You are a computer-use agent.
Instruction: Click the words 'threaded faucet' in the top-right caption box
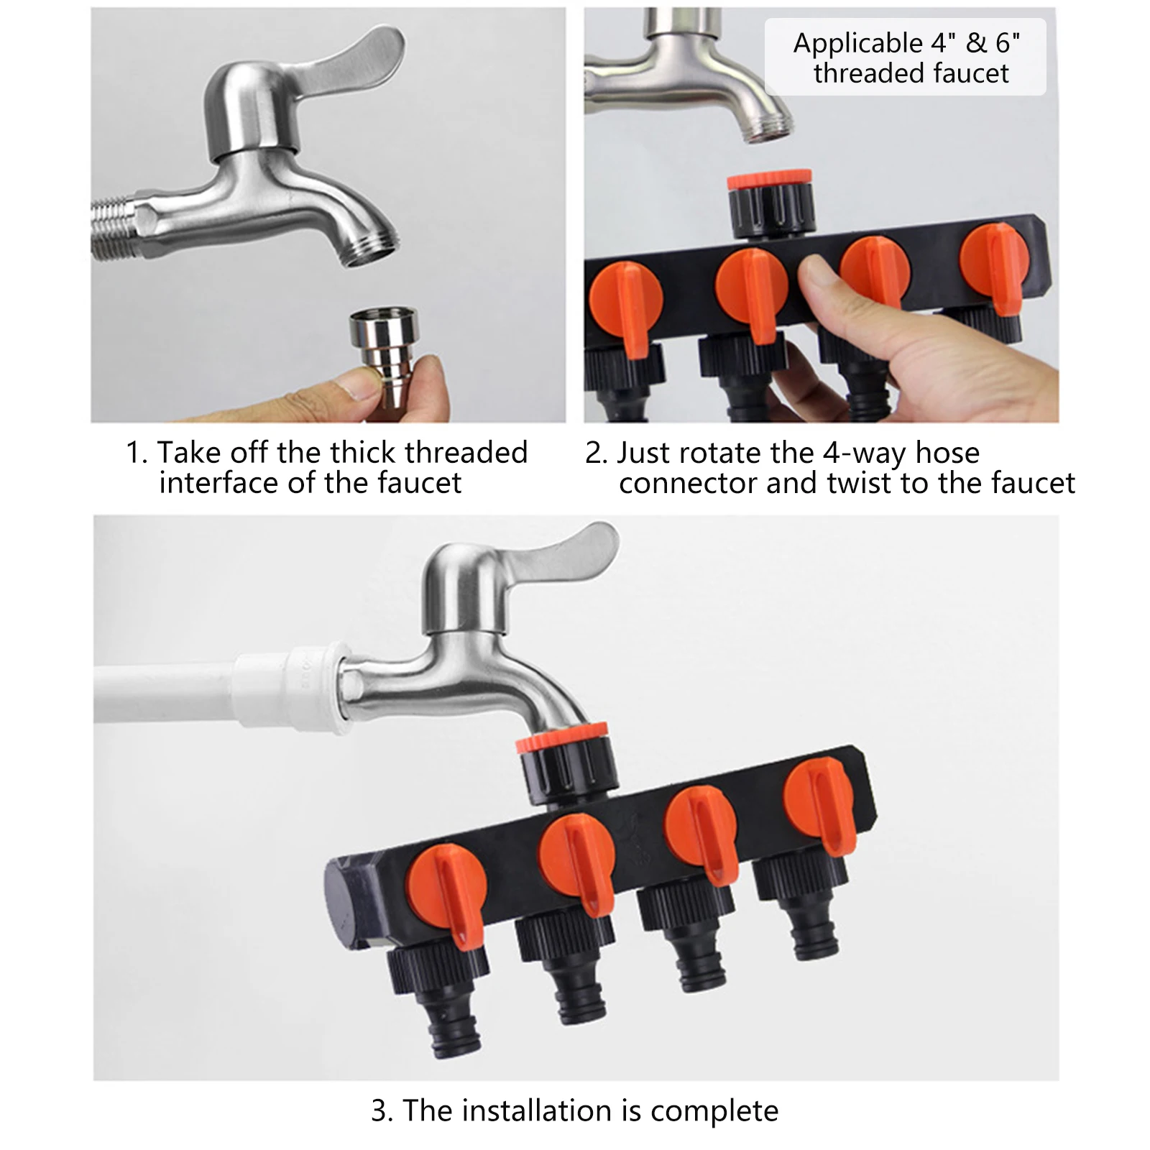pos(911,74)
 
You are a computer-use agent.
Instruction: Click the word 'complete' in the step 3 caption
pos(714,1110)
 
